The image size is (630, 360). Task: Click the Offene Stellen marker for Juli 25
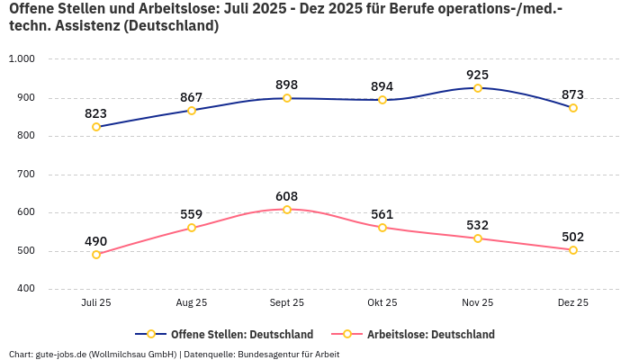(96, 127)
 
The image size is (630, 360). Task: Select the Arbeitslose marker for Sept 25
(287, 210)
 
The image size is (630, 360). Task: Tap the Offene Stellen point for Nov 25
(478, 88)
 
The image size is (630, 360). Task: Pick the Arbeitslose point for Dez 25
(573, 250)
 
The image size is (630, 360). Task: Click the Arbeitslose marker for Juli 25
(96, 255)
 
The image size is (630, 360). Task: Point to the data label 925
(478, 74)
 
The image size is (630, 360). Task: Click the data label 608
(287, 196)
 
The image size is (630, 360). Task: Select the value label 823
(96, 113)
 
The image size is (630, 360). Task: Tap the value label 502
(573, 237)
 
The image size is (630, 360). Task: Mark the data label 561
(382, 214)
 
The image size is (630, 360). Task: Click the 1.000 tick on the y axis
(21, 59)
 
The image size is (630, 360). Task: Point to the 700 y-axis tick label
(24, 175)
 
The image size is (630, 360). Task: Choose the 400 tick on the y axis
(24, 289)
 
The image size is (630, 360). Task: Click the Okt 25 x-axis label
(382, 303)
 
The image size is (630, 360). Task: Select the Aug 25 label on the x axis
(192, 303)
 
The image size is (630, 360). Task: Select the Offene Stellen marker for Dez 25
(573, 108)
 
